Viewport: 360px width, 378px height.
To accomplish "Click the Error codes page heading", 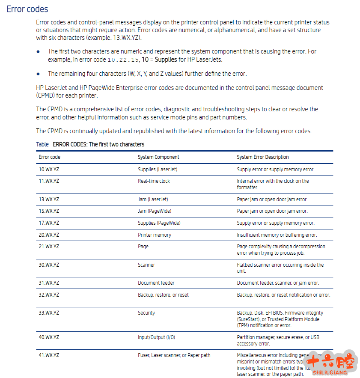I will pyautogui.click(x=27, y=9).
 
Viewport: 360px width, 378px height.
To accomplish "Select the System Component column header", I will pyautogui.click(x=158, y=157).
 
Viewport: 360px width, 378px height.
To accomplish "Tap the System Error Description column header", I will pyautogui.click(x=263, y=157).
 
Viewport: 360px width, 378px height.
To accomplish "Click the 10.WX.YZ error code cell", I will pyautogui.click(x=49, y=170).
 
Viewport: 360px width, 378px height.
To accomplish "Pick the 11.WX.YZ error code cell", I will pyautogui.click(x=49, y=181).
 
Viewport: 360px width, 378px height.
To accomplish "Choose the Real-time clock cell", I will pyautogui.click(x=154, y=181).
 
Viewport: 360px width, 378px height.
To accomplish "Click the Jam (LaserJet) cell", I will pyautogui.click(x=153, y=199).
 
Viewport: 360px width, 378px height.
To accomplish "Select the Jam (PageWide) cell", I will pyautogui.click(x=154, y=211).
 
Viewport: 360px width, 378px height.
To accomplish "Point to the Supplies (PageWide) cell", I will pyautogui.click(x=159, y=223).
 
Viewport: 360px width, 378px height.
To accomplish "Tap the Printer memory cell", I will pyautogui.click(x=154, y=235).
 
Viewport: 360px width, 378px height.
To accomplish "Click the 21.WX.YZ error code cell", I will pyautogui.click(x=49, y=247).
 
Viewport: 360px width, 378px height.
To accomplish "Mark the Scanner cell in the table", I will pyautogui.click(x=146, y=265).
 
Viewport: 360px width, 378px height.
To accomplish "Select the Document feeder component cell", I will pyautogui.click(x=156, y=283).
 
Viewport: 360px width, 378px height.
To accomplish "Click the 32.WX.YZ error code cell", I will pyautogui.click(x=49, y=295).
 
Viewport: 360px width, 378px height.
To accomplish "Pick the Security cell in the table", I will pyautogui.click(x=146, y=313).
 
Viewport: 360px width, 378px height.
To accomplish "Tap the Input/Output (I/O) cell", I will pyautogui.click(x=156, y=337).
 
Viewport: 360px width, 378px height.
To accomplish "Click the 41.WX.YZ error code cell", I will pyautogui.click(x=49, y=355).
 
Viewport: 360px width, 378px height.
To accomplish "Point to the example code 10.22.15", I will pyautogui.click(x=123, y=60).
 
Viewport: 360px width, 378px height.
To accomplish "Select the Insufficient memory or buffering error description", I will pyautogui.click(x=277, y=235).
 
